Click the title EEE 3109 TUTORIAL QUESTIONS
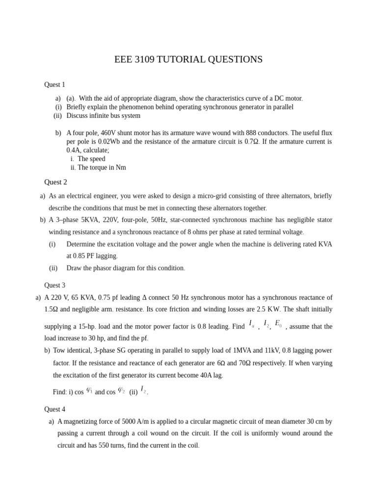click(x=188, y=59)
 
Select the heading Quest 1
click(x=54, y=84)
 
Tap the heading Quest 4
click(x=54, y=409)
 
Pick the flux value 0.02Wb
click(x=108, y=141)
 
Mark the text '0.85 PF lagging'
click(x=92, y=256)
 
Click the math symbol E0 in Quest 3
click(x=278, y=324)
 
